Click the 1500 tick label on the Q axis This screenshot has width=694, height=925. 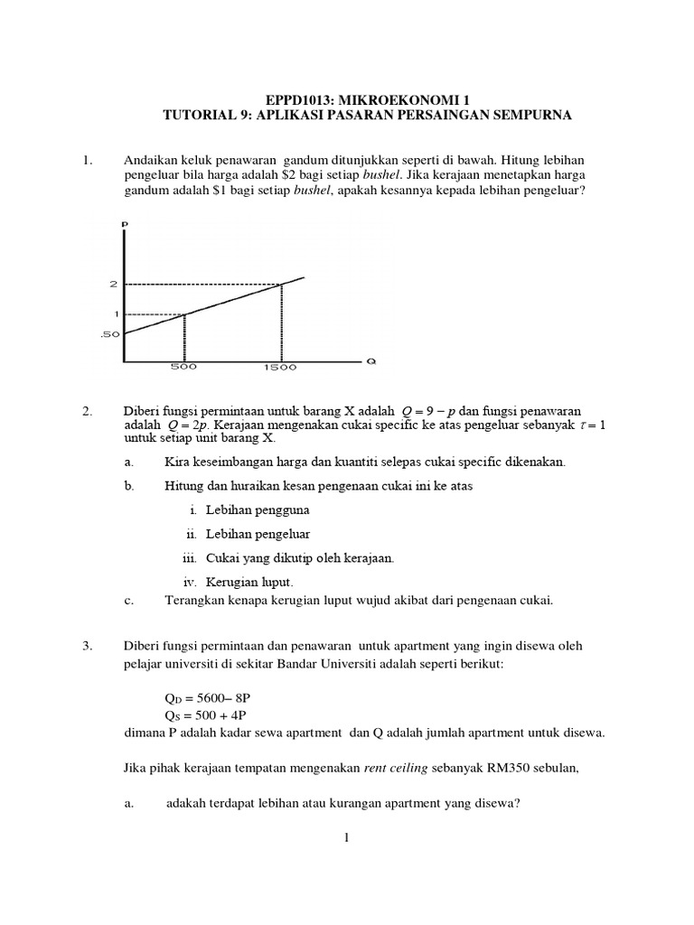point(281,369)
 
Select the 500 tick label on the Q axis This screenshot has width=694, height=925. point(183,369)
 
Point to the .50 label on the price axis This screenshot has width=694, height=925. point(111,334)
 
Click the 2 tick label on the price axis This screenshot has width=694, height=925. point(114,285)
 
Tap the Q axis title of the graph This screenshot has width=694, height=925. point(370,362)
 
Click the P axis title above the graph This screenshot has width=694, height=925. point(125,223)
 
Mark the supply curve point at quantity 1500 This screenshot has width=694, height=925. point(281,285)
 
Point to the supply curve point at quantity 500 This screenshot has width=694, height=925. point(184,314)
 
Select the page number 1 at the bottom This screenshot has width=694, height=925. point(346,838)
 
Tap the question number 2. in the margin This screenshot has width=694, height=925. point(88,412)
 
